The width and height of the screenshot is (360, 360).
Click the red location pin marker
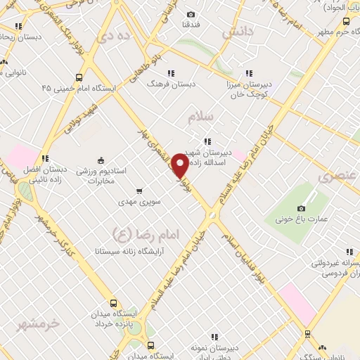click(x=180, y=165)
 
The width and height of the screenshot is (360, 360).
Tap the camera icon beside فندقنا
click(x=191, y=14)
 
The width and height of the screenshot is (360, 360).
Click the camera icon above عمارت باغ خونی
click(x=302, y=208)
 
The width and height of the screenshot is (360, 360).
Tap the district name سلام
click(x=200, y=119)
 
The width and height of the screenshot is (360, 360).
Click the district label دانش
click(x=237, y=32)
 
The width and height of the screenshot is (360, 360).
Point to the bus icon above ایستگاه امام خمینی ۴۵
click(x=78, y=77)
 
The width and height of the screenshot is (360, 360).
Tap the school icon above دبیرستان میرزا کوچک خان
click(x=249, y=72)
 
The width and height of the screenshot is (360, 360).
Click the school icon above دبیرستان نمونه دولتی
click(x=216, y=337)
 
